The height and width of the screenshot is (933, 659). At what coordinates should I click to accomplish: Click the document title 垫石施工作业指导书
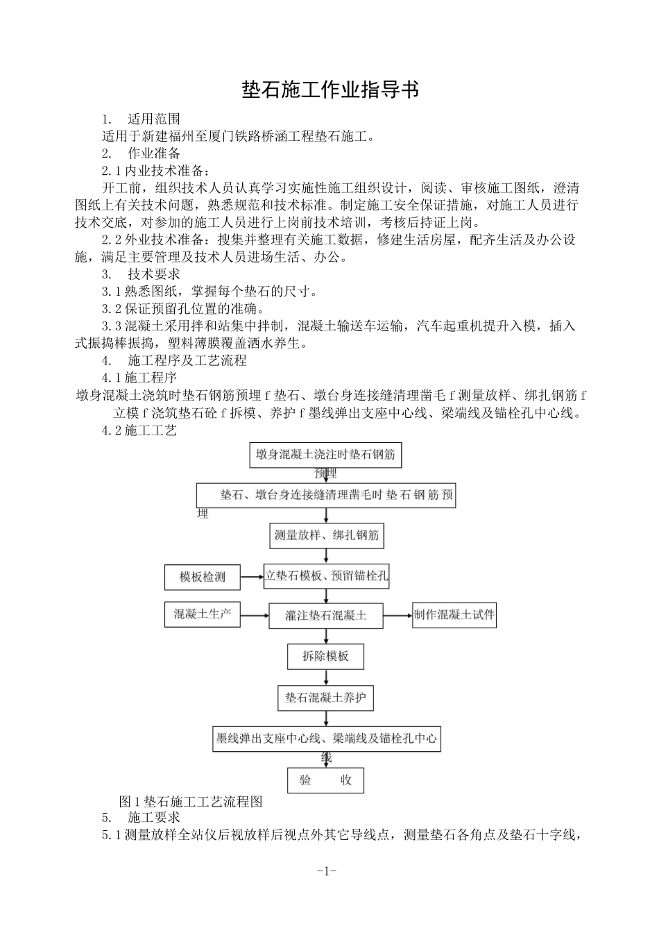[329, 90]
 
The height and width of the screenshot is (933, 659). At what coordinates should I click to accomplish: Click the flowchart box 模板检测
[202, 577]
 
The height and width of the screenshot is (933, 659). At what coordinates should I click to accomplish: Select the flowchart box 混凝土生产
[202, 614]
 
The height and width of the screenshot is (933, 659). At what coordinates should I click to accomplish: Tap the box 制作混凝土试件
[454, 614]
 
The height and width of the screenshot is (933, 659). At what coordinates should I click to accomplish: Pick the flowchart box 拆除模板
[325, 656]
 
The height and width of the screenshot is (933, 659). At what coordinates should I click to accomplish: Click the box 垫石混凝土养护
[325, 698]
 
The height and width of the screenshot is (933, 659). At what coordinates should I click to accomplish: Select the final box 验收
[325, 780]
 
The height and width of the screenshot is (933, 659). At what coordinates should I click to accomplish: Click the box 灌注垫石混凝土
[325, 615]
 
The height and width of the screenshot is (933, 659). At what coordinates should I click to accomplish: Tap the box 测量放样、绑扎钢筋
[325, 535]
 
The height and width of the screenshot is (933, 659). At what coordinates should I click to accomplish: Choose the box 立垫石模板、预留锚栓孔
[327, 576]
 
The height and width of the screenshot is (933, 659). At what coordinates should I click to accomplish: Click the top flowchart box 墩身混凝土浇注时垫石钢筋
[325, 455]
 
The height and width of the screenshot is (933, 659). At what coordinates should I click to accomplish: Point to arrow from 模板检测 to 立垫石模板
[251, 576]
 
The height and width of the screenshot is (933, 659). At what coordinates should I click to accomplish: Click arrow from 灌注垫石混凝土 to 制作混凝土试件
[397, 614]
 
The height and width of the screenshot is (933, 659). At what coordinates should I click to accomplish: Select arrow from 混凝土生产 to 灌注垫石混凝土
[254, 614]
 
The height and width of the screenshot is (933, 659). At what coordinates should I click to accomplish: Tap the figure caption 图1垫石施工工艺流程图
[191, 801]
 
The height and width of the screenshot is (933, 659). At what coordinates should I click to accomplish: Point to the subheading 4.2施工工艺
[139, 430]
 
